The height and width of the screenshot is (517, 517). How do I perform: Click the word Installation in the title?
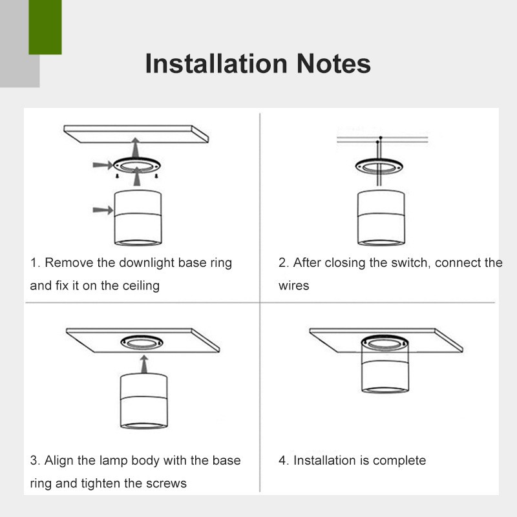click(216, 63)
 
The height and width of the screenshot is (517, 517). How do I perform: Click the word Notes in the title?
click(333, 63)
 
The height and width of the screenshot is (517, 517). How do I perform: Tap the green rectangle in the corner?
click(45, 27)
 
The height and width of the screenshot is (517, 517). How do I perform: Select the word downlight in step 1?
click(147, 263)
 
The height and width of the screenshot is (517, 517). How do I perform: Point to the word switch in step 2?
click(411, 263)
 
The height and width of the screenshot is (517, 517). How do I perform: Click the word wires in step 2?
click(294, 286)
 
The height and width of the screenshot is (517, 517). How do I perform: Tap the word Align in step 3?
click(59, 460)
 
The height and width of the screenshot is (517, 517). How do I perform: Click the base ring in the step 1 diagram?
click(137, 165)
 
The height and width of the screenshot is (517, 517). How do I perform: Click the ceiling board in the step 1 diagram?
click(136, 134)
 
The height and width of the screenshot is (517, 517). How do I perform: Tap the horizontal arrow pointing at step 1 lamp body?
click(103, 210)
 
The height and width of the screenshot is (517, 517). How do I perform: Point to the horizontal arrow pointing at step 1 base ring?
click(103, 165)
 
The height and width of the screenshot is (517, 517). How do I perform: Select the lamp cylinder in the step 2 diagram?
click(381, 218)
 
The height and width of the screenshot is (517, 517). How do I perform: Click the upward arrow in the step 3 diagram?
click(143, 364)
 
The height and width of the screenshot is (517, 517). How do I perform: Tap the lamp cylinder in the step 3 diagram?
click(143, 401)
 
